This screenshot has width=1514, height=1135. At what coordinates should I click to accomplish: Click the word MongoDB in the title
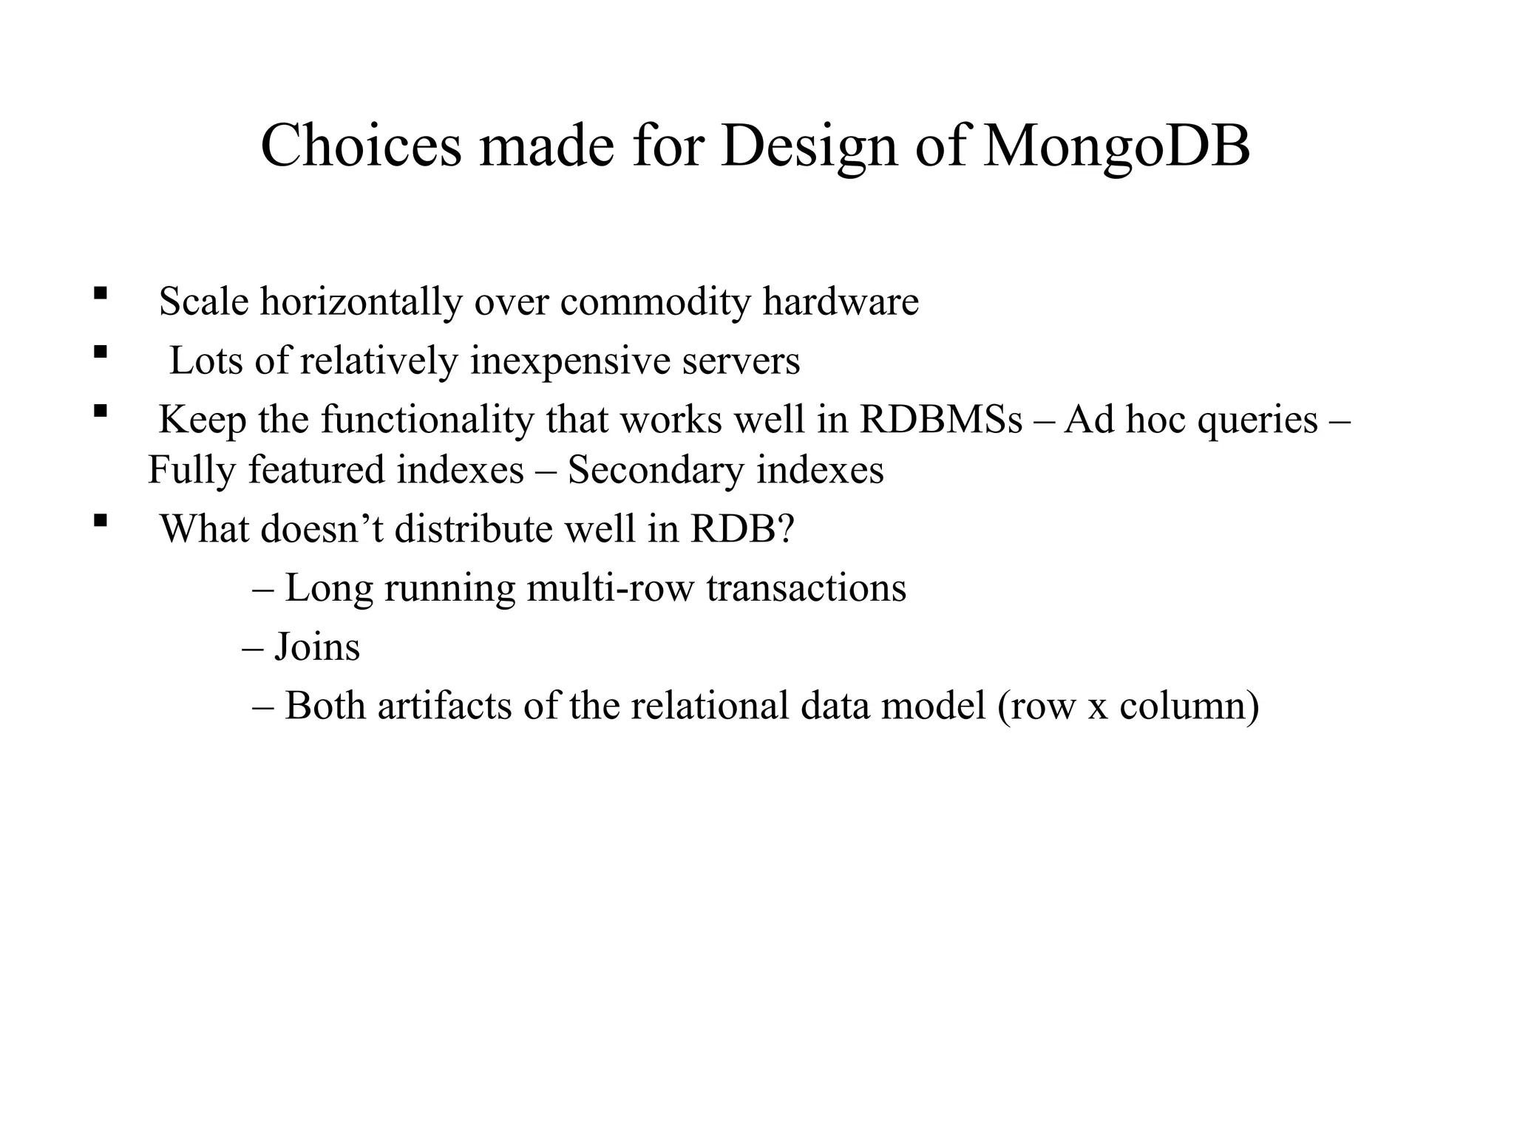[1116, 146]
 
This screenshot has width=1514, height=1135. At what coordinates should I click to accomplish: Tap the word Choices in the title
[361, 146]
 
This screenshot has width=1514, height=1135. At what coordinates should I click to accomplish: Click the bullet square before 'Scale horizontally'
[101, 293]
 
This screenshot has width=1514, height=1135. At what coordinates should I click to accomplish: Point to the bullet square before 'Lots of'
[101, 352]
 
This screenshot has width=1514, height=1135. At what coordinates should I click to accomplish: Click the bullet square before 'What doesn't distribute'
[101, 520]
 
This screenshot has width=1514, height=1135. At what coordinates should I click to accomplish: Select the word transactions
[806, 589]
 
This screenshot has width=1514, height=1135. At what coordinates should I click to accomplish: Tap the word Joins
[317, 647]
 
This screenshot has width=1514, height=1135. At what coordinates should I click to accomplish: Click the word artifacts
[444, 706]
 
